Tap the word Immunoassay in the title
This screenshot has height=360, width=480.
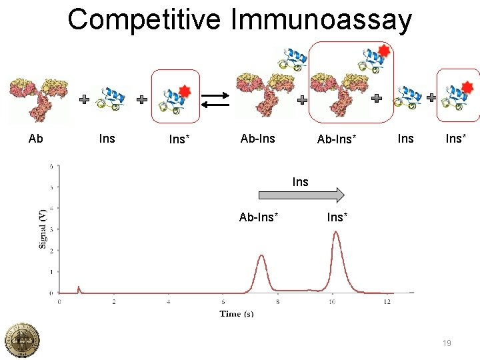321,19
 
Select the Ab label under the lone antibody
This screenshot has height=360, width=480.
36,139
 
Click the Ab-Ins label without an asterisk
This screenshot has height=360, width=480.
257,139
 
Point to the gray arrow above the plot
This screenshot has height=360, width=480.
301,195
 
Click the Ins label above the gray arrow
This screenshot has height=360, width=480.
301,181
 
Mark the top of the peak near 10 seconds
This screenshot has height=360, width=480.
337,232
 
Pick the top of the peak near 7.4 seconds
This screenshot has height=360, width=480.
261,255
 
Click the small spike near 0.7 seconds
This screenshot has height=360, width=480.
79,287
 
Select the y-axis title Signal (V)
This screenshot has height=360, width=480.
43,228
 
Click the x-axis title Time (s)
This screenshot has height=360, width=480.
237,313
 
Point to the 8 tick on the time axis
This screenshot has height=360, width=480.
278,302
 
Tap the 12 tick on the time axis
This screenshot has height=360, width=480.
387,302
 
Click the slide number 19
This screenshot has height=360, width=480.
447,343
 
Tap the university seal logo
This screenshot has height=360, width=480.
22,339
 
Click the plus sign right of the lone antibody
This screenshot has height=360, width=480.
85,99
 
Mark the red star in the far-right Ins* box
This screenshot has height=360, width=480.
468,86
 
